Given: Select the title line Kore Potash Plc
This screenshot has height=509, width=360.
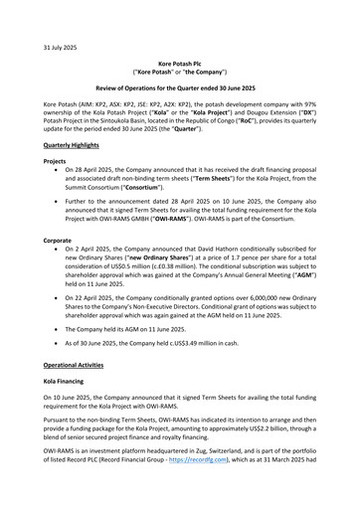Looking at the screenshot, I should click(180, 63).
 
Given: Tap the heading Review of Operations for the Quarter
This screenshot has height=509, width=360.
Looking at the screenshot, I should click(180, 88).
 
